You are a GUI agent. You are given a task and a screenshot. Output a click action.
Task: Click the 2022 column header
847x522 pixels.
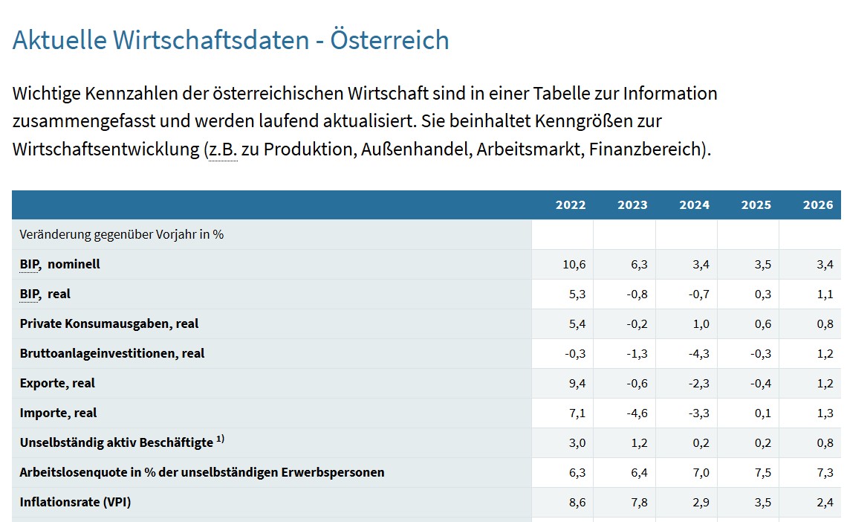[x=570, y=205]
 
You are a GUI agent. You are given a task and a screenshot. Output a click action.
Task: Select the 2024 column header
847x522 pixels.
[x=694, y=205]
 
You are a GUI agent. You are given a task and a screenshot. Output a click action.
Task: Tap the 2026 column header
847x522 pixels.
[x=818, y=205]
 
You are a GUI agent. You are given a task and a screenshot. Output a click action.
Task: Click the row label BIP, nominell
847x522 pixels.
[x=60, y=264]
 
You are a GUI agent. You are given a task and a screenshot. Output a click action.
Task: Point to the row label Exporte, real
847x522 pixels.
[x=57, y=383]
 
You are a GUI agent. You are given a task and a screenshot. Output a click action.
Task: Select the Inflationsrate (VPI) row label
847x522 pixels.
[x=75, y=502]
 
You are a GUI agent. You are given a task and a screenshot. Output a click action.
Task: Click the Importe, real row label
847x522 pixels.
[x=58, y=413]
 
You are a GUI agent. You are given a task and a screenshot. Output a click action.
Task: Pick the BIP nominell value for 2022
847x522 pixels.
[x=574, y=264]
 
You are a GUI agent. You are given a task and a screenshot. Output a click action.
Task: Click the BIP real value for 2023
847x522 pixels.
[x=637, y=294]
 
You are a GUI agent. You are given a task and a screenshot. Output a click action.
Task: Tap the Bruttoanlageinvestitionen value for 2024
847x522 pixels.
[x=698, y=353]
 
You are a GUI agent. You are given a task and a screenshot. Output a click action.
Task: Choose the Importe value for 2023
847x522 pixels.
[x=637, y=413]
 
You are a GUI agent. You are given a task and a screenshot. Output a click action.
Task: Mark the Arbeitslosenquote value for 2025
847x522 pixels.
[x=762, y=472]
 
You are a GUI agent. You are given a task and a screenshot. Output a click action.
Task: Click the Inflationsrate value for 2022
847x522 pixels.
[x=577, y=502]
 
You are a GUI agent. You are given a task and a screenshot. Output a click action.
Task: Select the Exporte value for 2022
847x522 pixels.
[x=577, y=383]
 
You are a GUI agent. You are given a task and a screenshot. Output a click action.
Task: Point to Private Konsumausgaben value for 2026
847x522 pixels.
[x=824, y=323]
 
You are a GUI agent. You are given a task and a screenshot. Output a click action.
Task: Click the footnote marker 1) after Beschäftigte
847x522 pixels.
[x=221, y=439]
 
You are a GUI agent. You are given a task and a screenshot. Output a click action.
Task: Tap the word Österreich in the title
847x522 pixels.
[x=389, y=39]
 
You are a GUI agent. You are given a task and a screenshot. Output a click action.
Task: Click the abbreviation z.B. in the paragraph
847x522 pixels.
[x=222, y=149]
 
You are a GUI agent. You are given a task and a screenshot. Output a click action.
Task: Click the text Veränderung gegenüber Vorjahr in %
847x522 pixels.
[x=122, y=234]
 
